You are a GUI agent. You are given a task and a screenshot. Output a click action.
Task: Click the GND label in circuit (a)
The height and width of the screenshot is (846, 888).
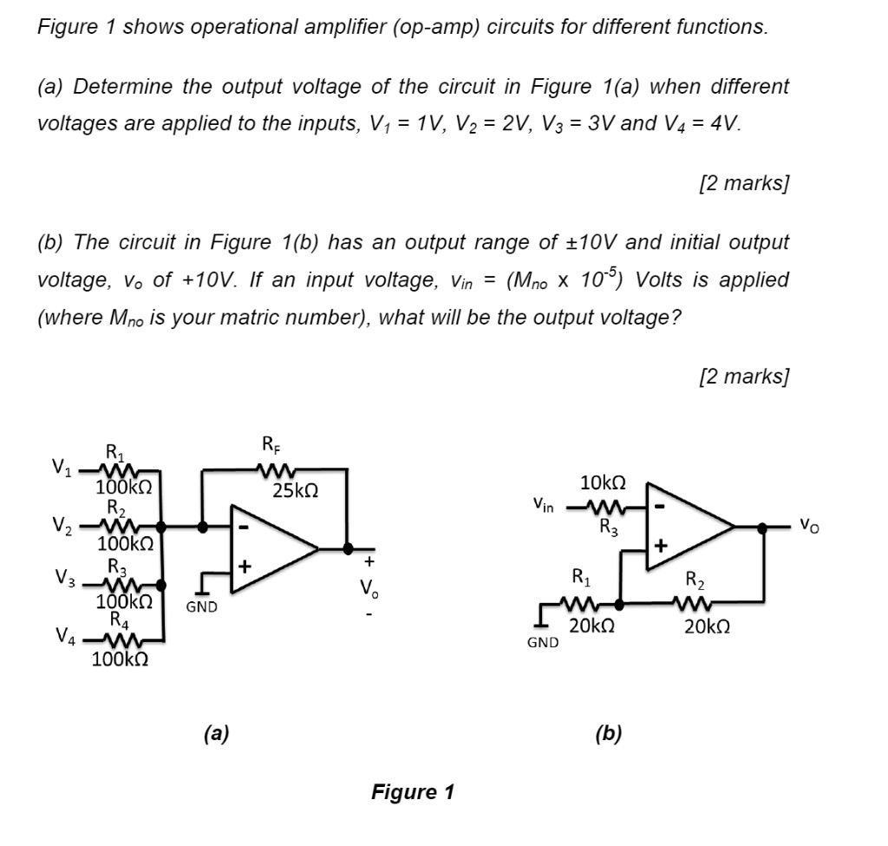pyautogui.click(x=201, y=607)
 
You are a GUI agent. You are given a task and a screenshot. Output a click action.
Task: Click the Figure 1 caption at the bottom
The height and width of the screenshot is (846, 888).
pyautogui.click(x=412, y=791)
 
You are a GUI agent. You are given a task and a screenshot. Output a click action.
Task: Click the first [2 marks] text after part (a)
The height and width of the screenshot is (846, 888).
pyautogui.click(x=743, y=184)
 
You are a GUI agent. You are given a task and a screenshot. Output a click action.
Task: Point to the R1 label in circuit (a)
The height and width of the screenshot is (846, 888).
pyautogui.click(x=114, y=451)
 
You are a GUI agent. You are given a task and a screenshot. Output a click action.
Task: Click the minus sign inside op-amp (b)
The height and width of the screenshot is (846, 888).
pyautogui.click(x=662, y=504)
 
